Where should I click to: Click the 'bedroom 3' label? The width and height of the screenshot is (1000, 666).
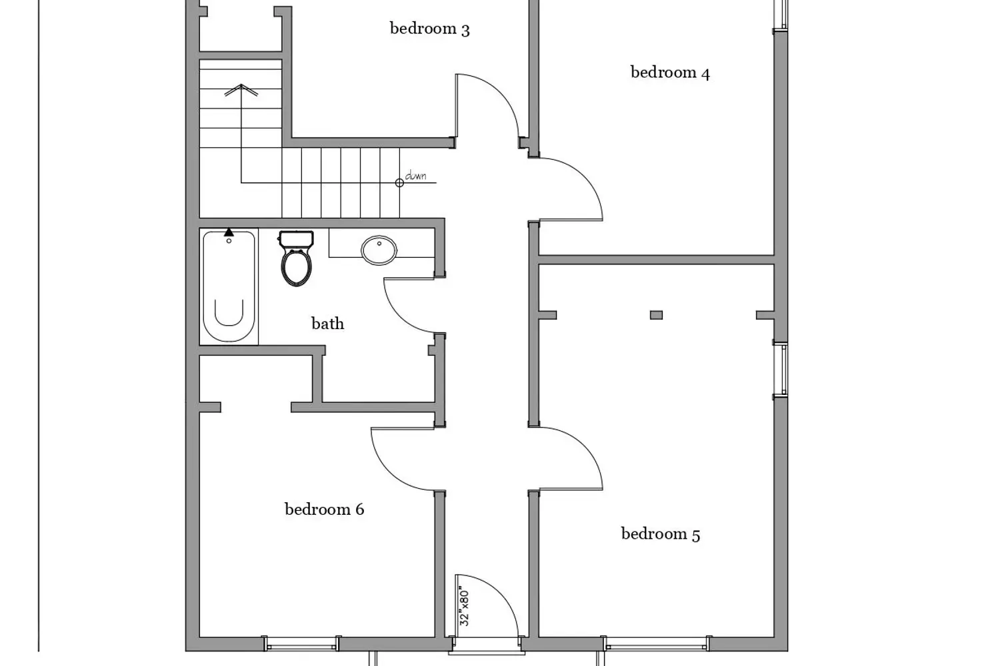click(x=429, y=29)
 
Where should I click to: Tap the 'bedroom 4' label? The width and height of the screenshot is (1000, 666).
click(x=670, y=73)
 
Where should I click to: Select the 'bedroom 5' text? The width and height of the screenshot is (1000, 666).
click(x=660, y=534)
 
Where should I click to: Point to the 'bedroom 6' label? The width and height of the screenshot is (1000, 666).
click(x=324, y=509)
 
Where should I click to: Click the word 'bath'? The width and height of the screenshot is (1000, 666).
click(x=327, y=324)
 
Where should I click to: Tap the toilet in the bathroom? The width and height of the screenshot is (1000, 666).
click(x=296, y=258)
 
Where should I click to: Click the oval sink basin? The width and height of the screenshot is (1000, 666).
click(x=379, y=250)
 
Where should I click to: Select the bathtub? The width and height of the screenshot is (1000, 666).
click(x=229, y=286)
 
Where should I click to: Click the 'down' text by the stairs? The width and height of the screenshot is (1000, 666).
click(x=415, y=176)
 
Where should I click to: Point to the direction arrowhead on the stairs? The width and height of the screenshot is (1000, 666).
click(x=241, y=89)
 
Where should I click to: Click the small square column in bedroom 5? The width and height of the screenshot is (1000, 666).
click(x=656, y=315)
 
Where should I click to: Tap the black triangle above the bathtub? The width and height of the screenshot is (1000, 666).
click(x=229, y=232)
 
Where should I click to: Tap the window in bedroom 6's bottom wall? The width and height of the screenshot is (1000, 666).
click(x=301, y=643)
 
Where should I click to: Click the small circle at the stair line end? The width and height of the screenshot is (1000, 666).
click(x=399, y=182)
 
